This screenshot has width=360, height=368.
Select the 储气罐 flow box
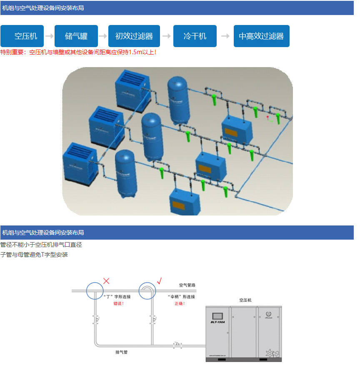[x=76, y=36]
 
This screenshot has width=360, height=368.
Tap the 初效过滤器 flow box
[x=134, y=36]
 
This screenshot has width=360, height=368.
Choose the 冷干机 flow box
[x=195, y=36]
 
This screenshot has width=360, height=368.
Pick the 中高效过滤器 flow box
[x=261, y=36]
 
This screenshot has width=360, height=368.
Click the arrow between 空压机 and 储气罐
[x=49, y=36]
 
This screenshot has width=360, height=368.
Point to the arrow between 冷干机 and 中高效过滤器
[x=225, y=36]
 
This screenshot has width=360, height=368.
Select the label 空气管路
[x=187, y=285]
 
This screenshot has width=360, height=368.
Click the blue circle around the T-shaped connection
[x=95, y=290]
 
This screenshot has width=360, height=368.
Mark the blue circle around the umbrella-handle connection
[x=147, y=290]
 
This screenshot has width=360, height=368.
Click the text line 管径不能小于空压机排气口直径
[x=41, y=245]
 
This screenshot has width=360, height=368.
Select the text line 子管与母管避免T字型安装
[x=34, y=255]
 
